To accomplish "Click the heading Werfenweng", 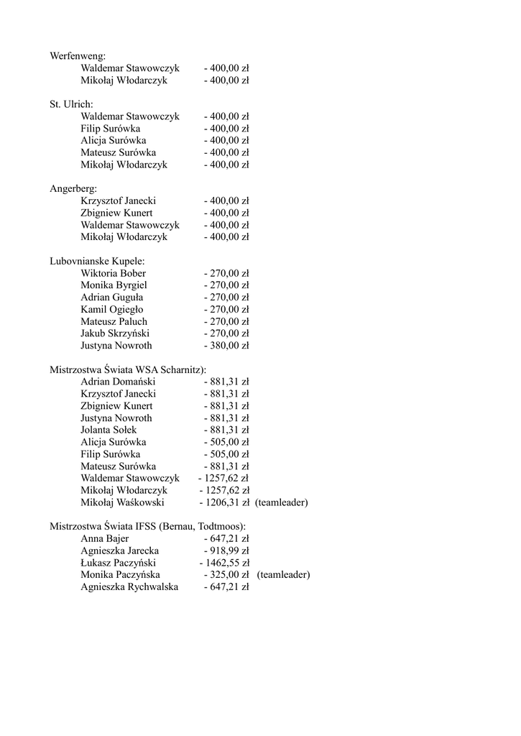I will point(78,56).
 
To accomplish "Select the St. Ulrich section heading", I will point(71,104).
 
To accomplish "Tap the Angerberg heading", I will point(73,188).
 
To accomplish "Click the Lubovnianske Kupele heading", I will point(97,261).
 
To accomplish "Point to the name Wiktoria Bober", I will point(113,273).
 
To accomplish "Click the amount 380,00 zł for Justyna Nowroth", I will point(229,346).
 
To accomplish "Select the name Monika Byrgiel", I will point(114,285).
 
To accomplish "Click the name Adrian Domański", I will point(118,382).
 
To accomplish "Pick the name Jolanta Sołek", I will point(109,430).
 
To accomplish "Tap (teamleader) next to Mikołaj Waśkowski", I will point(281,502).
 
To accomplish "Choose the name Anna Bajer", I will point(105,538).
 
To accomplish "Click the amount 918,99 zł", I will point(229,551).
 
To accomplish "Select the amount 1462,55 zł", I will point(226,563).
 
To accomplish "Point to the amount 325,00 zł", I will point(229,575).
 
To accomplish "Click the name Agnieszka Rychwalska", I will point(129,587).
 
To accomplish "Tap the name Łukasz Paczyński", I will point(118,563).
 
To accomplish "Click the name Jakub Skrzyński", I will point(115,333).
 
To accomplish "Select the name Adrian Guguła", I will point(111,297).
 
